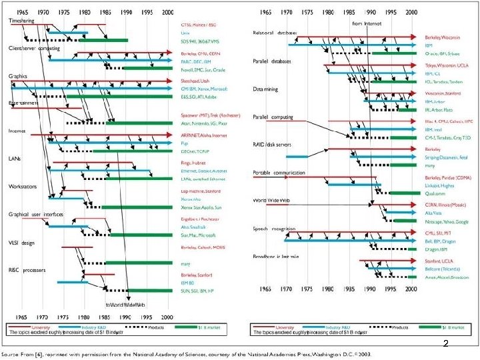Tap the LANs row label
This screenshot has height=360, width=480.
tap(15, 159)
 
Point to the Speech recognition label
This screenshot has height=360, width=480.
tap(274, 228)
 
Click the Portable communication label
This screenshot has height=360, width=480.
tap(279, 172)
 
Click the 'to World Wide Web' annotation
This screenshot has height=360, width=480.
tap(127, 304)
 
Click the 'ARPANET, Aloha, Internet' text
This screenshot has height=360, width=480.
tap(203, 134)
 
